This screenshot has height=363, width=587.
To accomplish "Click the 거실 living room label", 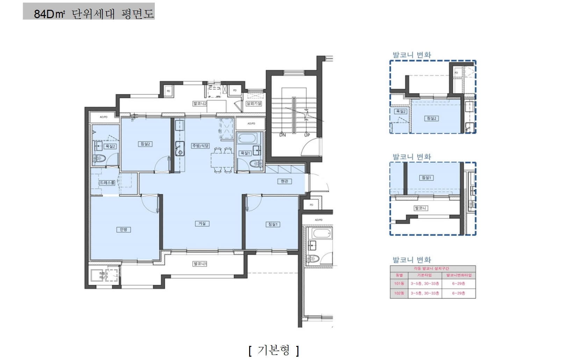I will click(202, 224).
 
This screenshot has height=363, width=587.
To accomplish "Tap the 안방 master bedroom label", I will click(123, 230).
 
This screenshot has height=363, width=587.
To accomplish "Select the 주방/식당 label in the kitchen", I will click(200, 146).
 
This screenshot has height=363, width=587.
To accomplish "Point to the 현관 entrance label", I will click(284, 181).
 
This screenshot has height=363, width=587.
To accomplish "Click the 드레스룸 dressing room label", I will click(107, 183).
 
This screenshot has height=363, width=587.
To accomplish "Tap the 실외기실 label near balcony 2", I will click(254, 104).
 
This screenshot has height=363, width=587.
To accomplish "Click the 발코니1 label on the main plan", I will click(200, 264).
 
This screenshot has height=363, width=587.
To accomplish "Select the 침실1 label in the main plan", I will click(273, 224).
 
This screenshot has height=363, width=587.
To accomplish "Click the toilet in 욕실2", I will click(99, 159).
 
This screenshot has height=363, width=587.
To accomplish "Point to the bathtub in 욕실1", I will click(247, 138).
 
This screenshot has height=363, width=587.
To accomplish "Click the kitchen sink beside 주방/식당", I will click(180, 148).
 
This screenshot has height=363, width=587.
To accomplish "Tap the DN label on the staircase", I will click(282, 135).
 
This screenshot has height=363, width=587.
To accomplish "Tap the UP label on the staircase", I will click(307, 135).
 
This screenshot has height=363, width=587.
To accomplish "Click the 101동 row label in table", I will click(399, 284).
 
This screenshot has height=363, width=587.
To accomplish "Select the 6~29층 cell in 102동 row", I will click(458, 293).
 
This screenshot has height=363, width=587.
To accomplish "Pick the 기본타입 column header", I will click(425, 275).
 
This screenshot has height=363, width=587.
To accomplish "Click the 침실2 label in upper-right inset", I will click(431, 118).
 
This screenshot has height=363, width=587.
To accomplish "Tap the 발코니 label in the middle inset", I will click(420, 208).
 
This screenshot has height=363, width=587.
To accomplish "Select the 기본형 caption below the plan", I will click(274, 350).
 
